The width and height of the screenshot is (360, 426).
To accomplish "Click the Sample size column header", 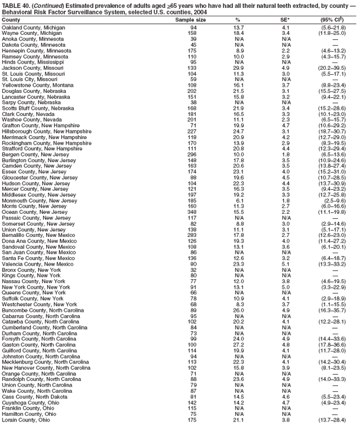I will pyautogui.click(x=191, y=19).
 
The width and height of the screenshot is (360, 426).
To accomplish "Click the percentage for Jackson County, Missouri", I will pyautogui.click(x=238, y=68).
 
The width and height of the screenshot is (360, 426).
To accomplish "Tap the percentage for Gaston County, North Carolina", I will pyautogui.click(x=238, y=344).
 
